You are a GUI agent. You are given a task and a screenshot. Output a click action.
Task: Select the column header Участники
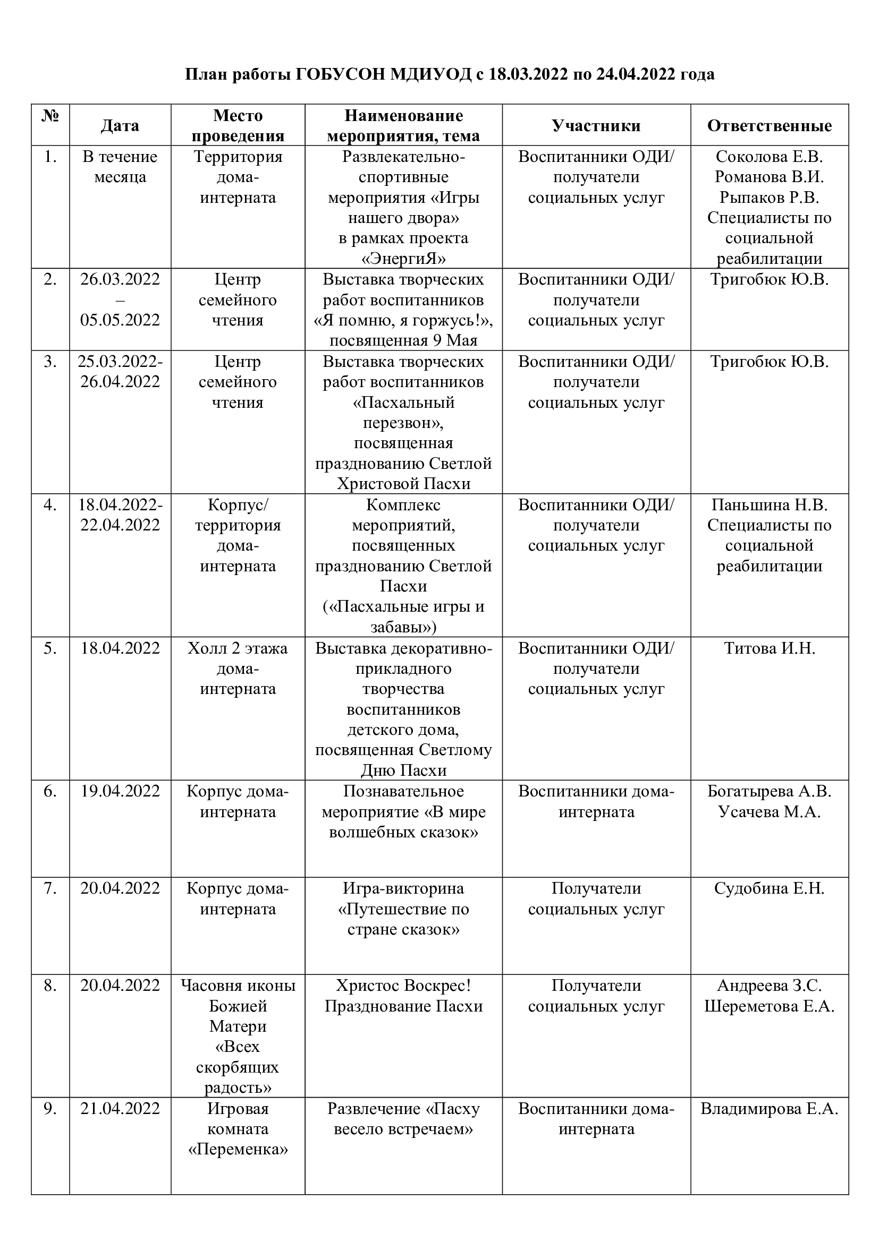tap(596, 125)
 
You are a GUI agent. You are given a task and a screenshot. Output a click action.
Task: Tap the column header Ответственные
tap(769, 125)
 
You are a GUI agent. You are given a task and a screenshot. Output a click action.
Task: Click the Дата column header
tap(120, 125)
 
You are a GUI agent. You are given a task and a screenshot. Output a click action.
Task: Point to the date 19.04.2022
tap(120, 791)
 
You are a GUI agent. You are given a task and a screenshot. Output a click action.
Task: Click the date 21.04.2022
tap(120, 1108)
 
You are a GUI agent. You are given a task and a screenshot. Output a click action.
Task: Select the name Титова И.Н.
tap(769, 648)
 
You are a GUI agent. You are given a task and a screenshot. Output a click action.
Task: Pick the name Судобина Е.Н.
tap(769, 888)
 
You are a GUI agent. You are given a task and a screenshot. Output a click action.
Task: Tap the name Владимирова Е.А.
tap(769, 1108)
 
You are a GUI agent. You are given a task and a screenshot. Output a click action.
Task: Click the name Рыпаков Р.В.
tap(769, 198)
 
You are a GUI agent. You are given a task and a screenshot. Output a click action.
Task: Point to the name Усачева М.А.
tap(769, 811)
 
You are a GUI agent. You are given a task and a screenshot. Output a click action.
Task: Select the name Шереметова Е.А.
tap(769, 1006)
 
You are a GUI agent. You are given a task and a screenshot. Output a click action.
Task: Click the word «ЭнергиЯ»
tap(403, 259)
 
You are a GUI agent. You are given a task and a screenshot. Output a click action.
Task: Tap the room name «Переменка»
tap(238, 1150)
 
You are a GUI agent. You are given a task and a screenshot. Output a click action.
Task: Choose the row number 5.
tap(50, 648)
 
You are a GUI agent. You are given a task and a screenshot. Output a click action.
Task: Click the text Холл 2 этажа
tap(238, 648)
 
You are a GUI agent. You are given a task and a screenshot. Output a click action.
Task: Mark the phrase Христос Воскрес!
tap(403, 986)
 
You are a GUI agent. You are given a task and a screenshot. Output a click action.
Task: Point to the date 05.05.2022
tap(120, 320)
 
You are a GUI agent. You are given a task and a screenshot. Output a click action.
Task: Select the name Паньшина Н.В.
tap(769, 504)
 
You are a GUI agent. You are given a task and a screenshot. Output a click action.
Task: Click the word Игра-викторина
tap(403, 888)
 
